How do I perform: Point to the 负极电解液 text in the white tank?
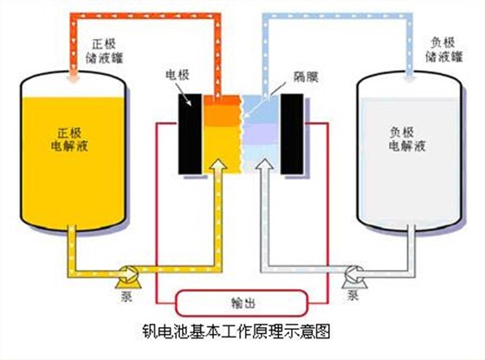coord(408,142)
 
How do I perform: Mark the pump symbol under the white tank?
coord(351,275)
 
